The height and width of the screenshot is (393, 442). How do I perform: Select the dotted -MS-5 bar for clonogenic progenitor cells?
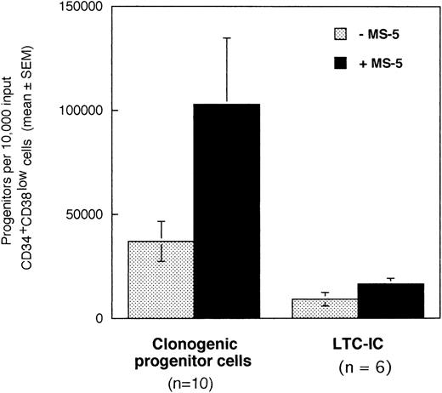[x=161, y=281]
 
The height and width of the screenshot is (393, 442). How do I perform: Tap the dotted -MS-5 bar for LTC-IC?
[x=324, y=309]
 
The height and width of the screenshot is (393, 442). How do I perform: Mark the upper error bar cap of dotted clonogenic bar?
[x=161, y=221]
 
